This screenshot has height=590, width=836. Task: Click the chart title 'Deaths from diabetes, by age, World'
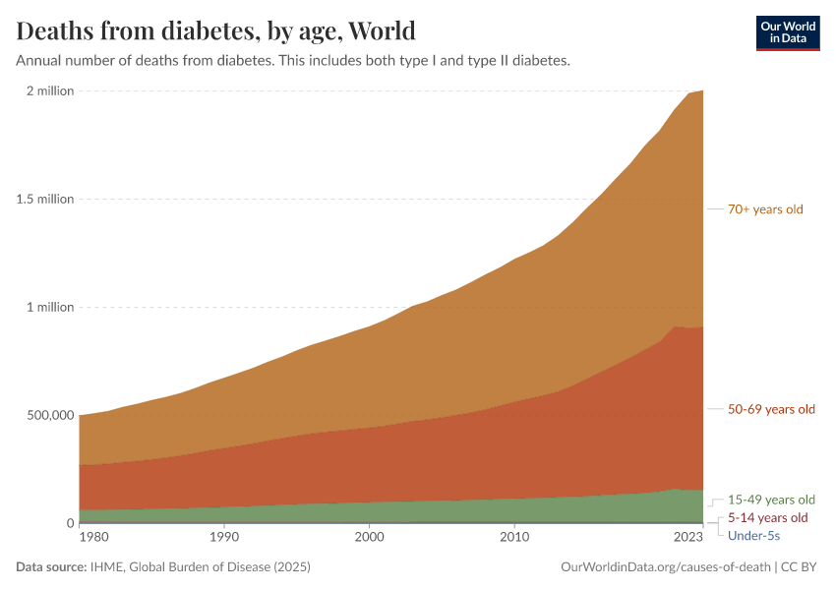215,30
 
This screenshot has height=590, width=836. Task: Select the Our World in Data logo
787,32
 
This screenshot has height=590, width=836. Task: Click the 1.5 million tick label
43,199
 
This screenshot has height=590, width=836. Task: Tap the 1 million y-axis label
47,307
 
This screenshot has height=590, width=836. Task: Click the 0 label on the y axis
69,523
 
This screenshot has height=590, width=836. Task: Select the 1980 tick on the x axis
93,538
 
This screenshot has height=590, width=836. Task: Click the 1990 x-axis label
224,538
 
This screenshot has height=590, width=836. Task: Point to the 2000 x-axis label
369,538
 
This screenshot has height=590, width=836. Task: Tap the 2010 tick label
513,538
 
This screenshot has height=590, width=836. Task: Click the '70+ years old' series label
765,209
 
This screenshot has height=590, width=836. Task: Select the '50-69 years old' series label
771,409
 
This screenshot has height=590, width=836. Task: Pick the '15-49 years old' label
771,500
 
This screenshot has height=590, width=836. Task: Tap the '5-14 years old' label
767,517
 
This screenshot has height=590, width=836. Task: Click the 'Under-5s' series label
753,535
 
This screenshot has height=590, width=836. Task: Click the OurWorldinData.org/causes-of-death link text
665,567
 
